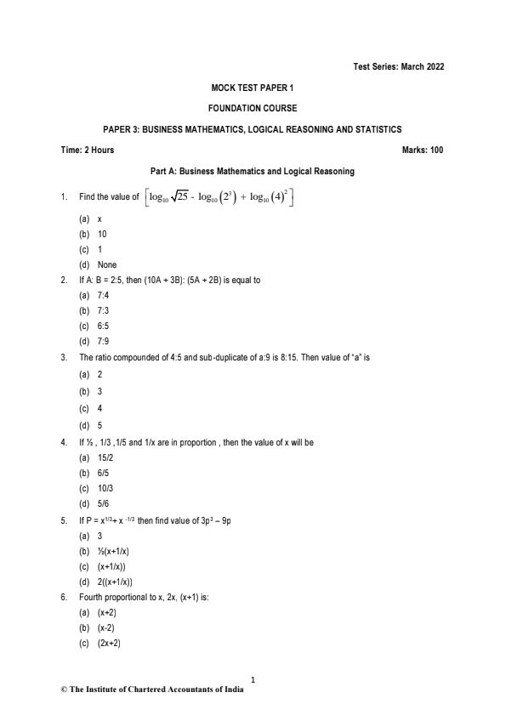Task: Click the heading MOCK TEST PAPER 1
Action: (253, 88)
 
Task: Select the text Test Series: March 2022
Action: (397, 66)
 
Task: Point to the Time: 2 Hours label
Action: (88, 150)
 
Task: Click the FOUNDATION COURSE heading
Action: (253, 108)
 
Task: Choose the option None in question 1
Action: (107, 264)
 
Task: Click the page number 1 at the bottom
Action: (253, 678)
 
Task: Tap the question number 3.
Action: (65, 357)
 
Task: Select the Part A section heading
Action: (252, 171)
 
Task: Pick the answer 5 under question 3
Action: (100, 425)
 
